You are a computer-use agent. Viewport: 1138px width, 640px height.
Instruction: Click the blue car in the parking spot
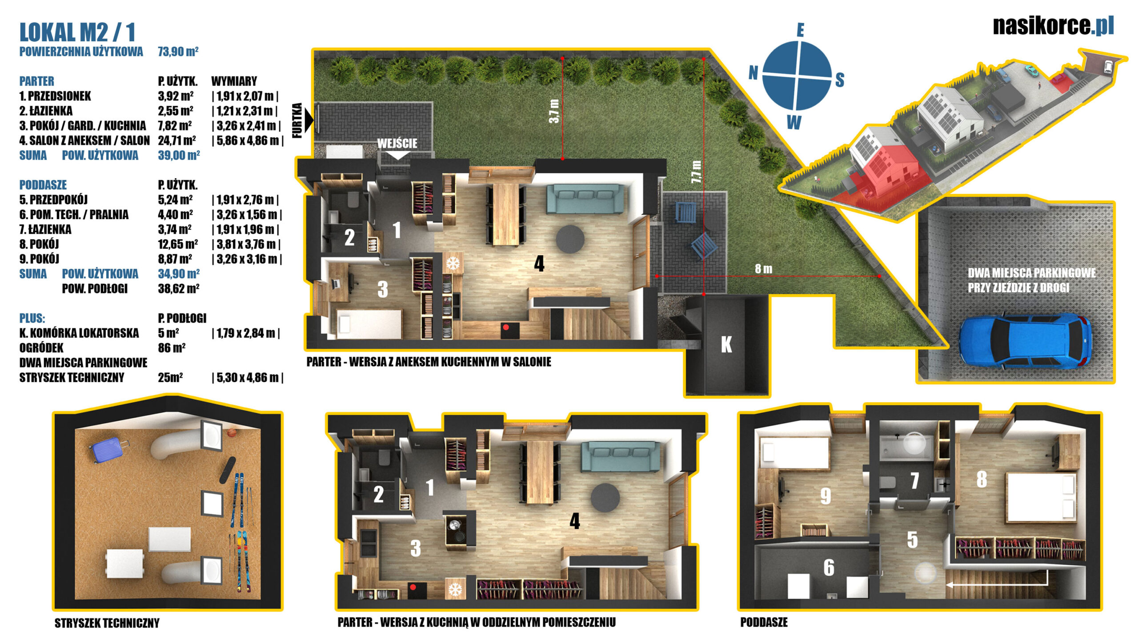coord(1025,341)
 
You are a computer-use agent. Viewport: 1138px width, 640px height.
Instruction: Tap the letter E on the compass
coord(800,30)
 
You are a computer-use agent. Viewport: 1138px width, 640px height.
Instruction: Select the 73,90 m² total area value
coord(178,52)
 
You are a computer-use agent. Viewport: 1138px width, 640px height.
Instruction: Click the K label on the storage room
coord(726,344)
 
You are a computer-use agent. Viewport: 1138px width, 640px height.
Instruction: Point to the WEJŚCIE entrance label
coord(397,143)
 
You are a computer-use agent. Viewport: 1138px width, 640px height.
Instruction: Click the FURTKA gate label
coord(297,120)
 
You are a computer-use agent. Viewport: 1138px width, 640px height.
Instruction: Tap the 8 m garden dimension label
coord(763,269)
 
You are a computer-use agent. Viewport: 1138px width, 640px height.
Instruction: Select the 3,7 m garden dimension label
coord(554,111)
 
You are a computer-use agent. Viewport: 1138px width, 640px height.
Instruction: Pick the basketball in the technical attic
coord(231,432)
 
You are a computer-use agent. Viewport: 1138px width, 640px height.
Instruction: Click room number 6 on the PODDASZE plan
coord(829,568)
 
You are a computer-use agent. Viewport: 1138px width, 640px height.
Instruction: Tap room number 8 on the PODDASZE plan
coord(982,479)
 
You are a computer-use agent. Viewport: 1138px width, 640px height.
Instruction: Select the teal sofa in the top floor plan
coord(585,199)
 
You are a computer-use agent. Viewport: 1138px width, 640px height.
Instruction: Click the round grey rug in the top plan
coord(570,239)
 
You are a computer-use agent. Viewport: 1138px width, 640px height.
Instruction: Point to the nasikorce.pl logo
coord(1054,25)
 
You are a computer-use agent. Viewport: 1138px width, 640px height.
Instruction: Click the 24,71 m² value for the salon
coord(177,140)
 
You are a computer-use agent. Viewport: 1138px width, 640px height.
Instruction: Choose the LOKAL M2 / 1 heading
coord(77,32)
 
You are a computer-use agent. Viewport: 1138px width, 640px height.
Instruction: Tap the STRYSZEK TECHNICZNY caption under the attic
coord(107,623)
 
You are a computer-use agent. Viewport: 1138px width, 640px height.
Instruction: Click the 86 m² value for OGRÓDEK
coord(172,348)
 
